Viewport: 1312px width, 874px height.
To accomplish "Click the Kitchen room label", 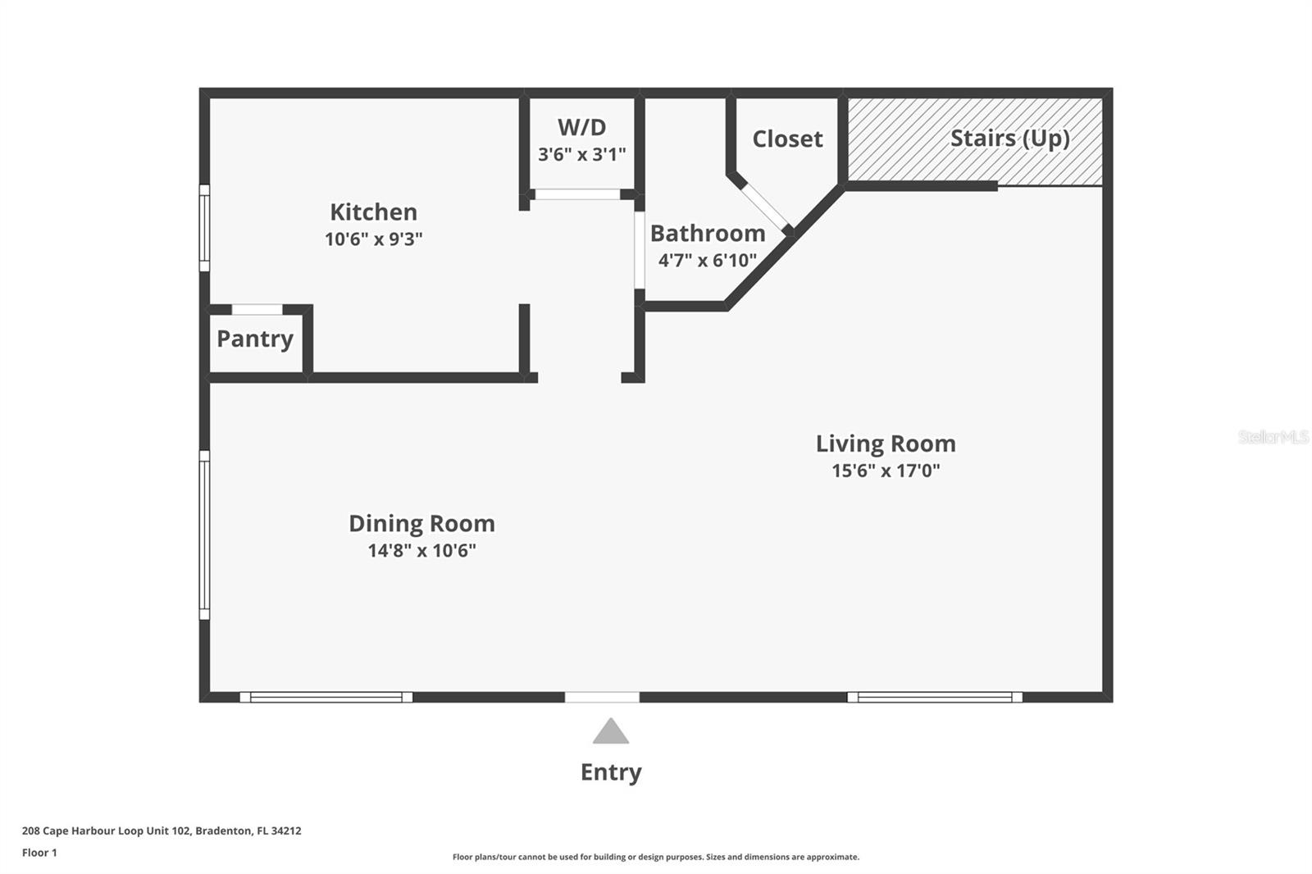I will [373, 212].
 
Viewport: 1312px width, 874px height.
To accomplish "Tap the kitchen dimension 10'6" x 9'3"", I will [373, 239].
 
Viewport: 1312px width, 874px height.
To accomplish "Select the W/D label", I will [581, 127].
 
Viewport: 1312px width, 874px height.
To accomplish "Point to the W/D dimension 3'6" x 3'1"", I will [581, 154].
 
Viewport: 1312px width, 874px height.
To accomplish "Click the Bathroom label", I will [707, 234].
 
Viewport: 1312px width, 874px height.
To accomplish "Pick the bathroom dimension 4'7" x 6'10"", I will [707, 261].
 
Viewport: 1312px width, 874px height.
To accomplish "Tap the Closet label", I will [787, 139].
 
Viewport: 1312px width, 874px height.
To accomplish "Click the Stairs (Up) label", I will [1009, 139].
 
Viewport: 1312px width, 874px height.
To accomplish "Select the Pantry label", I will [255, 339].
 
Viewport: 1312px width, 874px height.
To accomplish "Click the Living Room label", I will [886, 444].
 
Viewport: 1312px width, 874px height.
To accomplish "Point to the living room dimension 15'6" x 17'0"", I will [886, 471].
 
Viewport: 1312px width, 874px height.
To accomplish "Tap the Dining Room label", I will [421, 523].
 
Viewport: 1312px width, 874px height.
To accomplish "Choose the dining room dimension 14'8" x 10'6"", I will [421, 550].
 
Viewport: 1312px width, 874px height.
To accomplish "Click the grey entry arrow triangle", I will [611, 732].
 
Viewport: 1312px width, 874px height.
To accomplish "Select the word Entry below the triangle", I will [611, 772].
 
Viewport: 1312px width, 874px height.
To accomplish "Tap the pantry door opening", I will [257, 310].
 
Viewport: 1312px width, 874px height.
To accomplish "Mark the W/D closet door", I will [576, 194].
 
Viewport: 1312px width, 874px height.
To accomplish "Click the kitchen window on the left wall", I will [204, 227].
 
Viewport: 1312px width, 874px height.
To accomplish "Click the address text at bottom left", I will [162, 831].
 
